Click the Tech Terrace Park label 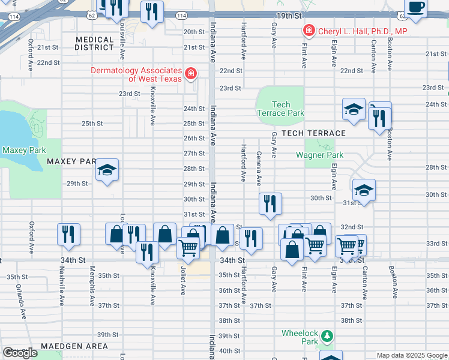point(280,109)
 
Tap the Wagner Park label point(319,155)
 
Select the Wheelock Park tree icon point(327,335)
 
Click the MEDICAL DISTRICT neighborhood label point(95,43)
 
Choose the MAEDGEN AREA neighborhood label point(74,346)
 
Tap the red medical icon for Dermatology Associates point(190,74)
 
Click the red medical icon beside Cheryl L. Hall point(309,30)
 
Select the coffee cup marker point(415,7)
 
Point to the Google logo point(20,353)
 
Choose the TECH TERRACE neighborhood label point(313,133)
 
